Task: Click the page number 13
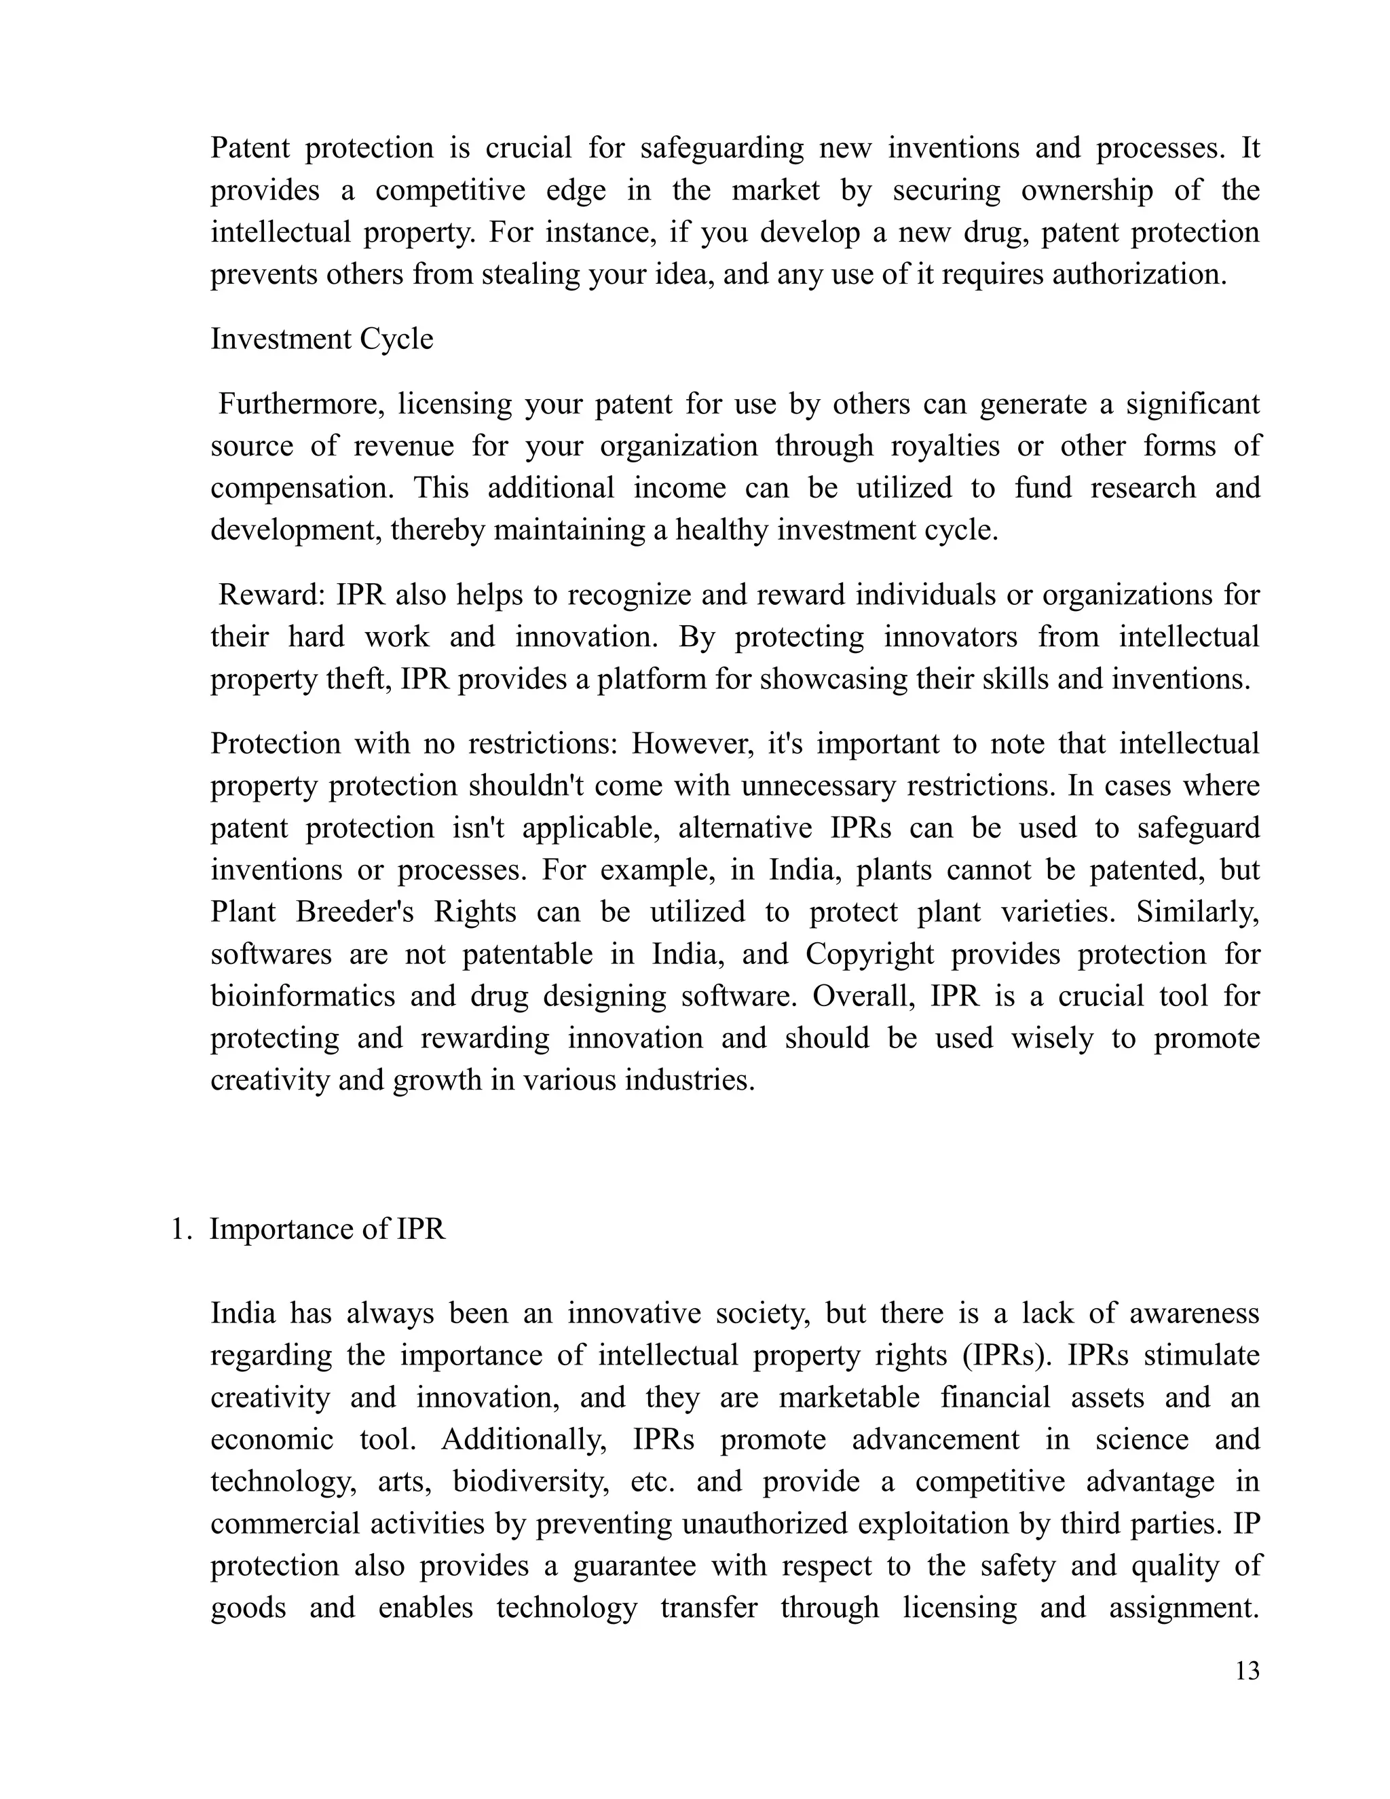(1247, 1671)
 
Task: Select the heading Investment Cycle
(321, 339)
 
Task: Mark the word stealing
(530, 274)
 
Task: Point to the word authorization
(1139, 274)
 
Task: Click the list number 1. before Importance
(181, 1229)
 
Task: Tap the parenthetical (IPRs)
(1008, 1356)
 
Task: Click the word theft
(355, 680)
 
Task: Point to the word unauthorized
(765, 1524)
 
